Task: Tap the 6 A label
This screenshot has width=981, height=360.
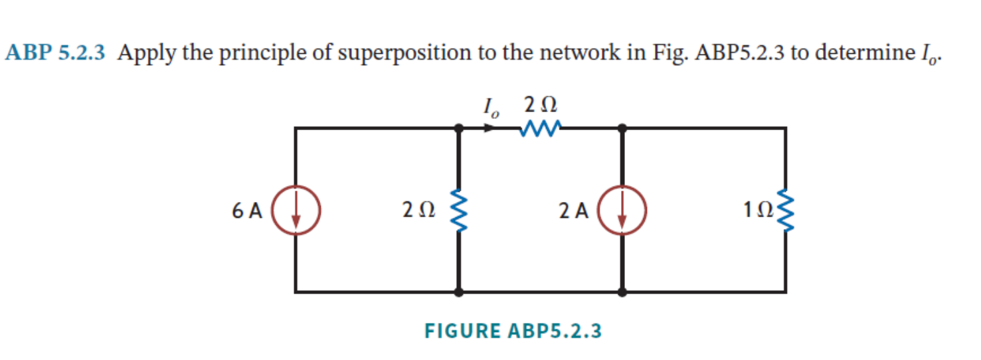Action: pos(247,211)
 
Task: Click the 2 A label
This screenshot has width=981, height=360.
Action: pos(574,211)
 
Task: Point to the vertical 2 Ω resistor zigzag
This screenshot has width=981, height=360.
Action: pos(457,210)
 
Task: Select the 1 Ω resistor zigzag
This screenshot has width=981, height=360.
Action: pos(786,210)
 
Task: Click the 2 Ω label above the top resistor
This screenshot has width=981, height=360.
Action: pos(539,104)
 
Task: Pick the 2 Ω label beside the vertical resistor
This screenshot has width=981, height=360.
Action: pos(418,211)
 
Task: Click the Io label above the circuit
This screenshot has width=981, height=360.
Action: pos(491,106)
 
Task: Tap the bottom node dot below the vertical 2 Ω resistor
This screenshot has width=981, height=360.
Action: pos(458,292)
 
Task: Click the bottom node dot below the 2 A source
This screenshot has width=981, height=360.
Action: pos(622,292)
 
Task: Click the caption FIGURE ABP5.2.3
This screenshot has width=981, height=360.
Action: pos(513,330)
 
